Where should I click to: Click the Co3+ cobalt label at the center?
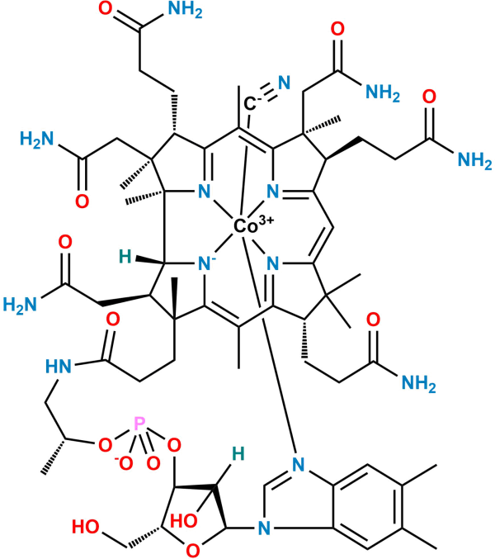pyautogui.click(x=254, y=225)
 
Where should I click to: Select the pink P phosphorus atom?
pyautogui.click(x=139, y=424)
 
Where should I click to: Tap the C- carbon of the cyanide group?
pyautogui.click(x=251, y=103)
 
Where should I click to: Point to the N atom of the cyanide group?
pyautogui.click(x=284, y=83)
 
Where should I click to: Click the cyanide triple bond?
pyautogui.click(x=268, y=92)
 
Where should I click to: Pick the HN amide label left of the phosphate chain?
pyautogui.click(x=59, y=366)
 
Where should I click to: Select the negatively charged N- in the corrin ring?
pyautogui.click(x=206, y=264)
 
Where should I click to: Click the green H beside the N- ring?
pyautogui.click(x=125, y=257)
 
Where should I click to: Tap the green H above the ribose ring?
pyautogui.click(x=238, y=454)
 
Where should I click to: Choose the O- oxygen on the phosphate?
pyautogui.click(x=125, y=463)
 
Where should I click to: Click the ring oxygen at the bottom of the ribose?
pyautogui.click(x=193, y=550)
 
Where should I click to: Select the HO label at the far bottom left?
pyautogui.click(x=86, y=527)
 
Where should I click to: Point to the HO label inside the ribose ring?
pyautogui.click(x=184, y=521)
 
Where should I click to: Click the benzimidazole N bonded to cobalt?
pyautogui.click(x=299, y=465)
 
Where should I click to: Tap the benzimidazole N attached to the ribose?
pyautogui.click(x=264, y=528)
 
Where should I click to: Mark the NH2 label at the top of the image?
pyautogui.click(x=185, y=10)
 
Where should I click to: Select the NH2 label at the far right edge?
pyautogui.click(x=474, y=160)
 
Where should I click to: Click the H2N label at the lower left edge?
pyautogui.click(x=20, y=306)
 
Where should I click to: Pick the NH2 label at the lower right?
pyautogui.click(x=419, y=384)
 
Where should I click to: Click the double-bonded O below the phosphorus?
pyautogui.click(x=153, y=463)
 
